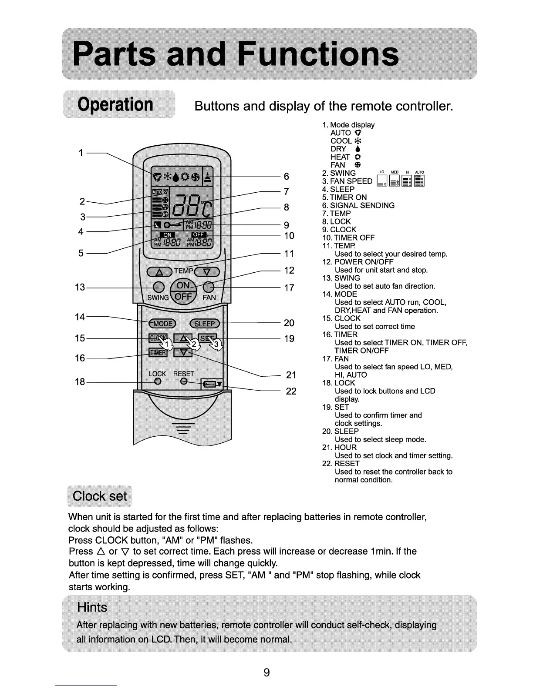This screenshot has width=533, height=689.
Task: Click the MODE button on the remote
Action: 162,323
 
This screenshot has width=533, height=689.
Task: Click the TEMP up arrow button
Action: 160,272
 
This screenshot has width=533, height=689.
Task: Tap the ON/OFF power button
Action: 183,291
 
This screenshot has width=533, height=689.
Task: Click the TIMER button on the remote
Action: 158,352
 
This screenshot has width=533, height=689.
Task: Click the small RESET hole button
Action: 184,381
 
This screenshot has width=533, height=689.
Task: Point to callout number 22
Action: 291,391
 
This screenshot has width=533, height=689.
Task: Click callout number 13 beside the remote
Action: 80,287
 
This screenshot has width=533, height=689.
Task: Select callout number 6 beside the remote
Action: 286,176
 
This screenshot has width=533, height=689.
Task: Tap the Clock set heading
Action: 100,496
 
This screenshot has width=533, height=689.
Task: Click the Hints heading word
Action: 92,607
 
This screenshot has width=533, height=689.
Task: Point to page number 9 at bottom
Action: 266,672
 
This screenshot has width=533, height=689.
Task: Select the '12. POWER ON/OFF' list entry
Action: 358,262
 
